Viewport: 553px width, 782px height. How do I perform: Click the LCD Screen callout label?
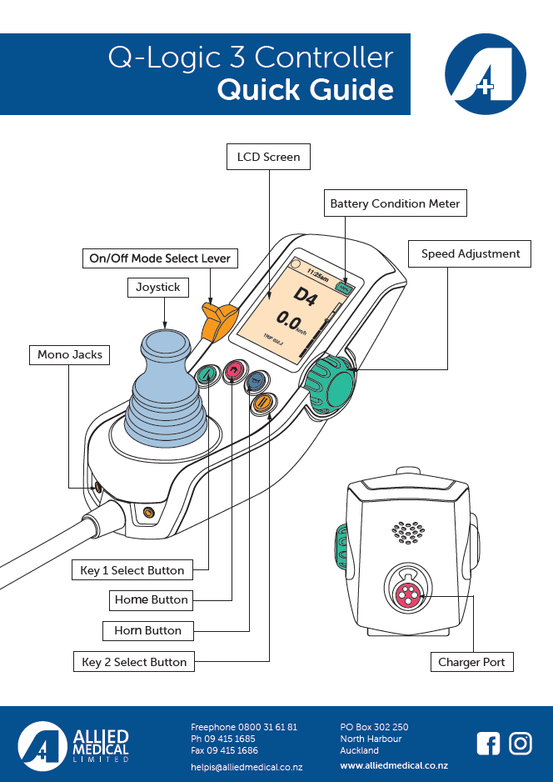(268, 157)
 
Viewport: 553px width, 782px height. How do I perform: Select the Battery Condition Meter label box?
(395, 203)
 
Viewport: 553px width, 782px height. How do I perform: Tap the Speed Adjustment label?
(470, 254)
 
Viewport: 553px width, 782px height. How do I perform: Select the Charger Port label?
(471, 663)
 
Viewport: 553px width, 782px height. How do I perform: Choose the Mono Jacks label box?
(70, 355)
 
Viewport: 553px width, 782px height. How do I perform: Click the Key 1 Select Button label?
(132, 571)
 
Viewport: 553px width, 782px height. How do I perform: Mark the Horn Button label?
(147, 631)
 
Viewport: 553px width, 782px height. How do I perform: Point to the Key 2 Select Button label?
(134, 663)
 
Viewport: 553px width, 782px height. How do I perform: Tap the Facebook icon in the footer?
(487, 743)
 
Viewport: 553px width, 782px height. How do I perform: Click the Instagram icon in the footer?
(521, 743)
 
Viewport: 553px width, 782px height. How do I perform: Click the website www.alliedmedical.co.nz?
(394, 765)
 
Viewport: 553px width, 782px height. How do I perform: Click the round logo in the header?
(486, 75)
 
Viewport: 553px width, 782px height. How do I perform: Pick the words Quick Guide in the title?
(305, 89)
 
